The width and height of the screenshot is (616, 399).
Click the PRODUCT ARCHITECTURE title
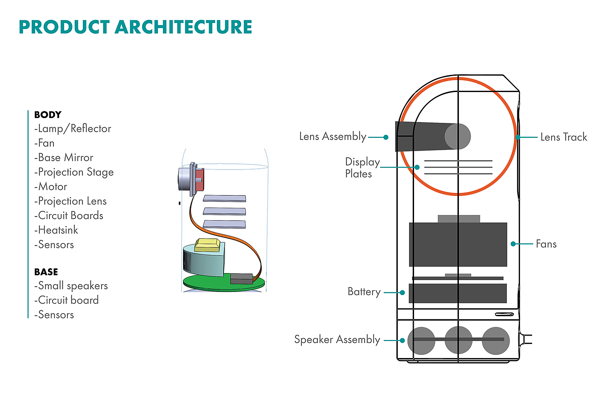coord(135,27)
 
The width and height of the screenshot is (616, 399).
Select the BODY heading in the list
coord(48,115)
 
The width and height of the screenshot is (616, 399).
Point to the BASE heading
coord(46,272)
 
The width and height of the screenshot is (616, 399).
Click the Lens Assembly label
coord(333,137)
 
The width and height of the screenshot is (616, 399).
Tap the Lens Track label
coord(564,137)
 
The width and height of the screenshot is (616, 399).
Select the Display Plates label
coord(362,168)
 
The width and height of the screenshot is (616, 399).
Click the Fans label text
coord(546,244)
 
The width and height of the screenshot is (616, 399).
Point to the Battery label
coord(364,292)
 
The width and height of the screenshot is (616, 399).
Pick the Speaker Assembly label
coord(337,340)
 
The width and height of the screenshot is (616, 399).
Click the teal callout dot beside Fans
coord(513,244)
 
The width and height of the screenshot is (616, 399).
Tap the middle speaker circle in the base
coord(458,340)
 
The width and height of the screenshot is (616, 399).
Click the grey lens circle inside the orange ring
coord(458,136)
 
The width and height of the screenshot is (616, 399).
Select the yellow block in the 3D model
coord(207,245)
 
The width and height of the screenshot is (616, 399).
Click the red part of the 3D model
coord(200,180)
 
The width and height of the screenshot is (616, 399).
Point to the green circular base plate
coord(207,283)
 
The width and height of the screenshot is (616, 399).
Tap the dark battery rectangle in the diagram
coord(458,293)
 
